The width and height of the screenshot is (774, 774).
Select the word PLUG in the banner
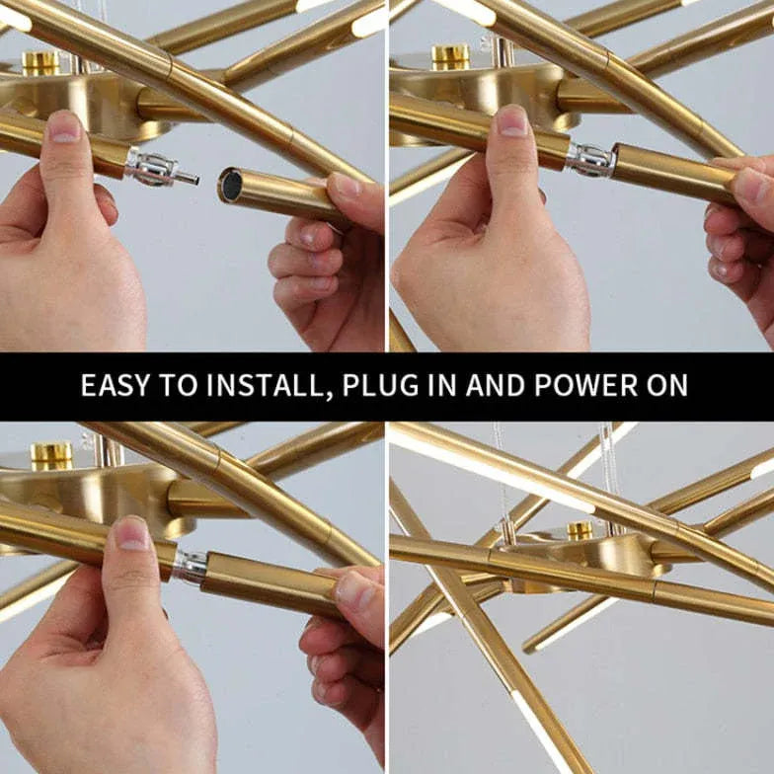pyautogui.click(x=380, y=385)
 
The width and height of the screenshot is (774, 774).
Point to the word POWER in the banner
pyautogui.click(x=586, y=385)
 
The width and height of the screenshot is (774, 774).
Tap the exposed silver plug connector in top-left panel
pyautogui.click(x=163, y=169)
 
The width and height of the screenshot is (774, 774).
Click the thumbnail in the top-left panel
pyautogui.click(x=65, y=127)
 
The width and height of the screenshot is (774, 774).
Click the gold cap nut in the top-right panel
pyautogui.click(x=450, y=57)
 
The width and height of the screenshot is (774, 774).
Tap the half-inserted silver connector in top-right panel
pyautogui.click(x=591, y=158)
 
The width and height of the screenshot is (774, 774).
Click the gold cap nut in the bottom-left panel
pyautogui.click(x=51, y=456)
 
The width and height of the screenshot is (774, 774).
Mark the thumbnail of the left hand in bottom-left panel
pyautogui.click(x=132, y=533)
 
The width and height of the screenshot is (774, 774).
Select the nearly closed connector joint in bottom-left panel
pyautogui.click(x=191, y=568)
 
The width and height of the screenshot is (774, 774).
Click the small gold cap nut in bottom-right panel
pyautogui.click(x=579, y=531)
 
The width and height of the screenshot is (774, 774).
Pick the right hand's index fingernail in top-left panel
pyautogui.click(x=346, y=186)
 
